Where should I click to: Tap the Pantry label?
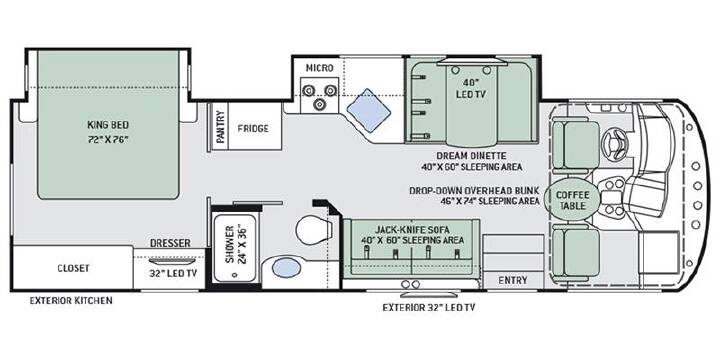(221, 127)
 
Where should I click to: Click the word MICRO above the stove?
(320, 68)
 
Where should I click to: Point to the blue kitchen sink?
(368, 110)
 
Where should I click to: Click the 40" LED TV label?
(471, 88)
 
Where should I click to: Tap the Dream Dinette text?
(472, 156)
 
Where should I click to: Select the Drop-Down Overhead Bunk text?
(474, 190)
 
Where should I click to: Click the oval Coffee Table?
(572, 201)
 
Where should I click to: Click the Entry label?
(512, 280)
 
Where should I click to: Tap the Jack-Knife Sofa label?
(411, 229)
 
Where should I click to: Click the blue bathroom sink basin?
(287, 267)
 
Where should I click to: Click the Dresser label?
(170, 243)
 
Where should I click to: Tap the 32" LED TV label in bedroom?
(173, 273)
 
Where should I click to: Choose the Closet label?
(73, 268)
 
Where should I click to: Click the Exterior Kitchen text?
(71, 301)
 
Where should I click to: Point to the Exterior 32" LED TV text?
(429, 308)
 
